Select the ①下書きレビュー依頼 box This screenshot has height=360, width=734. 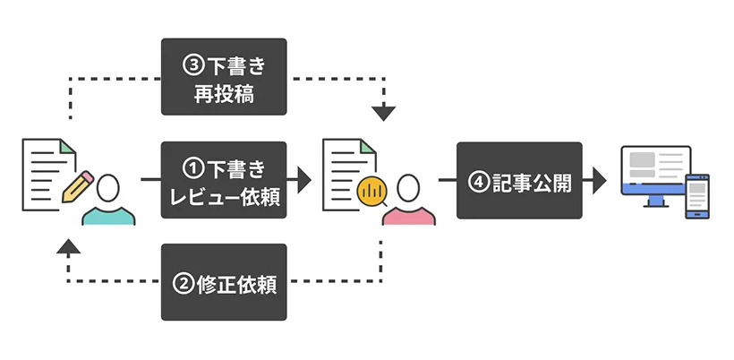coord(224,180)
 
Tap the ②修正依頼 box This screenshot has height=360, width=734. coord(224,282)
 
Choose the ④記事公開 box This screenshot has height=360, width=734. coord(519,180)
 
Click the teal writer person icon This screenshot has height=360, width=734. coord(108,201)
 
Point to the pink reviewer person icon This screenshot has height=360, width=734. coord(408,201)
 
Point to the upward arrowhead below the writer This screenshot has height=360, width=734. coord(68,246)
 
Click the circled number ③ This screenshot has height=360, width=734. coord(192,64)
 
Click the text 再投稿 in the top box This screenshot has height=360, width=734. coord(224,93)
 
